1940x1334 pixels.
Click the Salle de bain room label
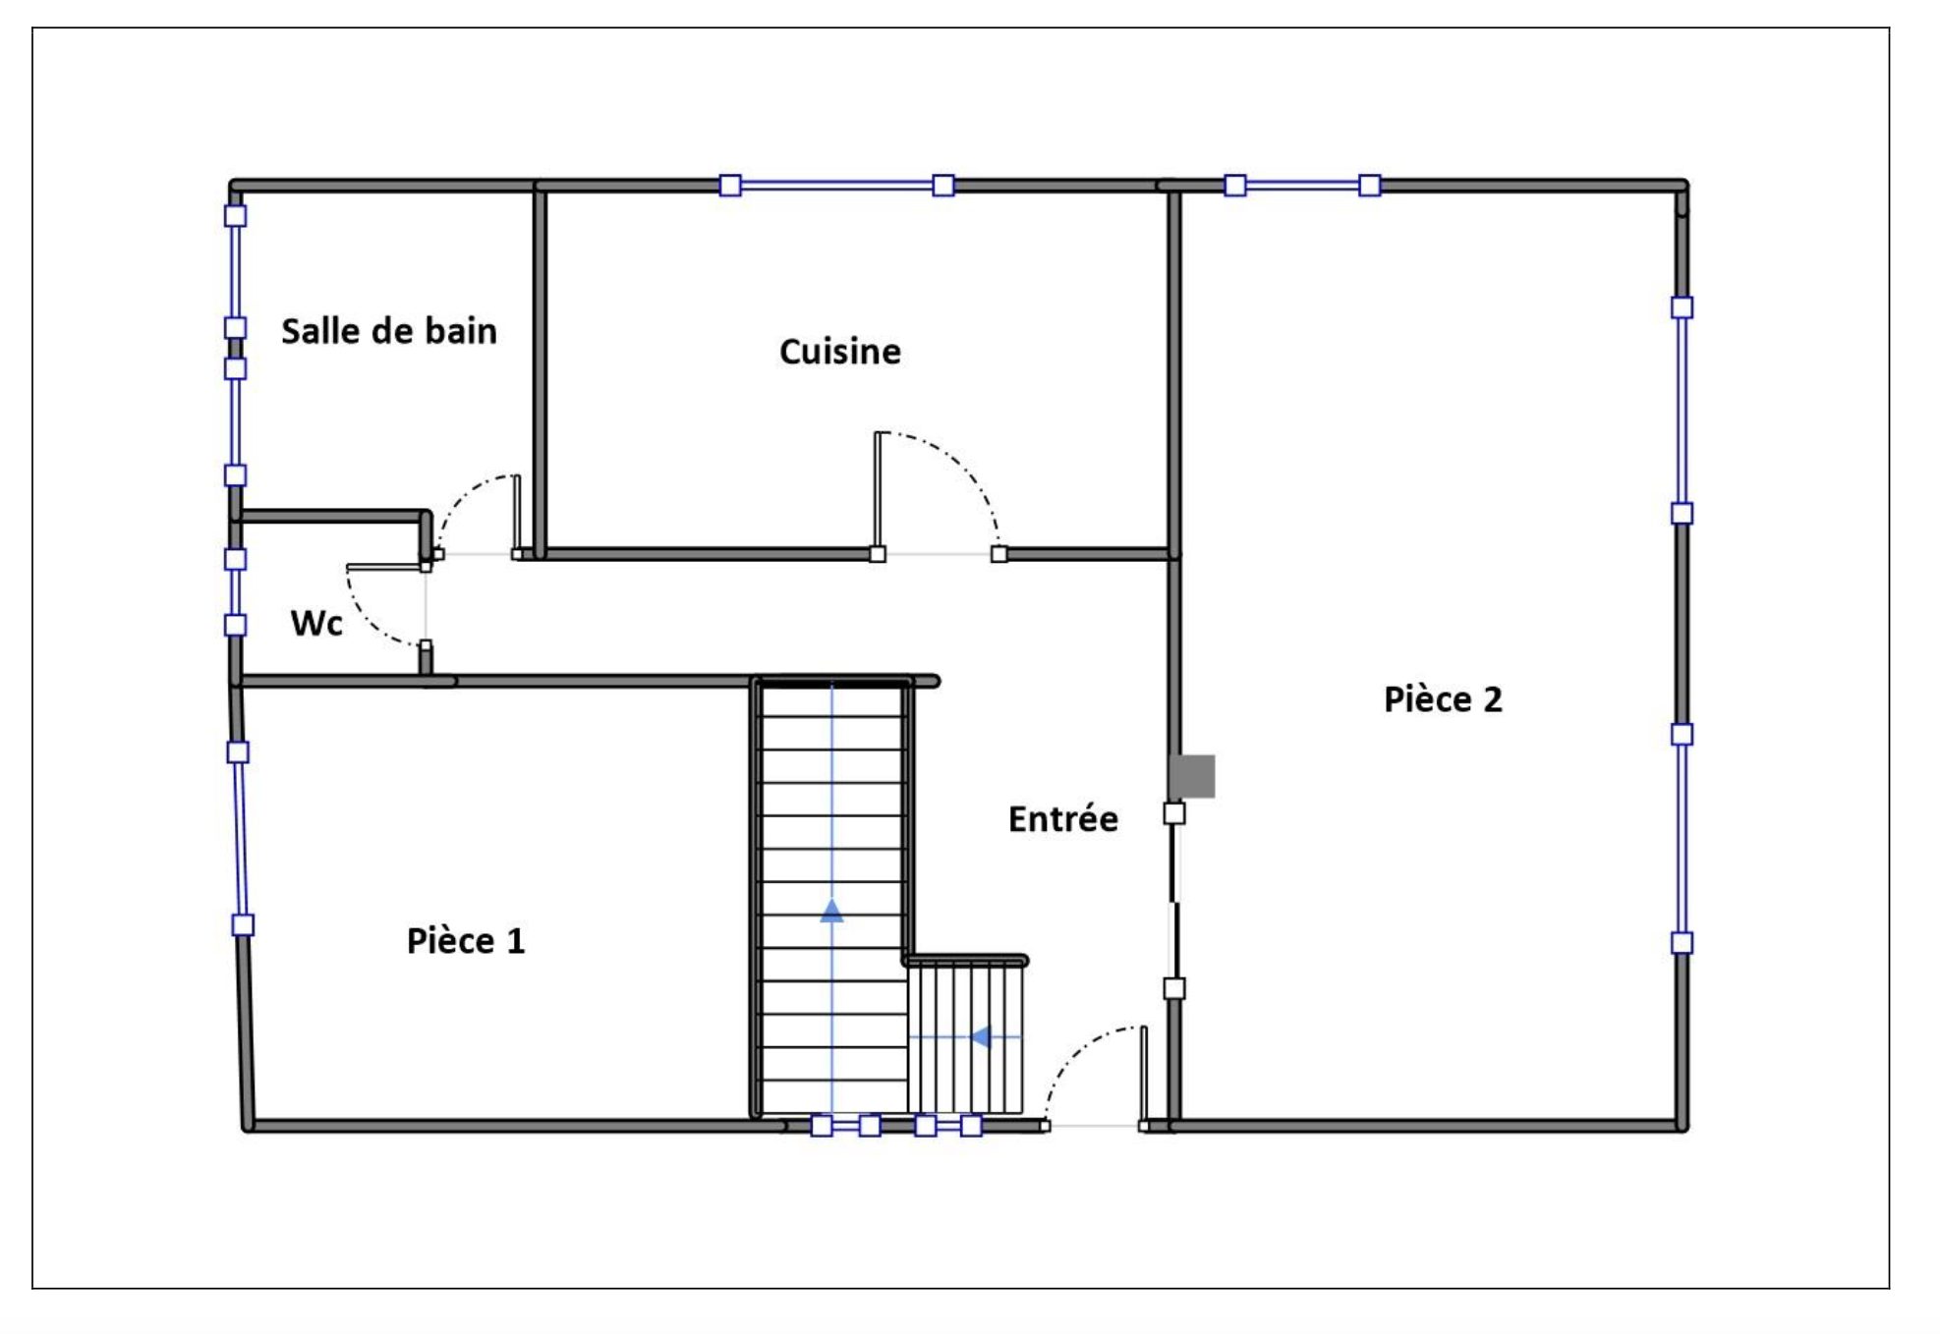[389, 331]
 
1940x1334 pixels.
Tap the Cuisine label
[840, 352]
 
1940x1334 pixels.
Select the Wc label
[316, 623]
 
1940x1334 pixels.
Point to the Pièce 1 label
[466, 941]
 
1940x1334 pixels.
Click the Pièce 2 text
[1443, 699]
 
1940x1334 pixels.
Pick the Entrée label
[1063, 819]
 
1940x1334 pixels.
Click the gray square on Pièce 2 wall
[1193, 776]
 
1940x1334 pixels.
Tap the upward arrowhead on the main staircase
[831, 911]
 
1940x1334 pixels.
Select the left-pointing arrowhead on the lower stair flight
[980, 1036]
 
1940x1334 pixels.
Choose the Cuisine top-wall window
[836, 185]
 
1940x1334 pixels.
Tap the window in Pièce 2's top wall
[1302, 185]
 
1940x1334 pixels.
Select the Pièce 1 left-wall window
[240, 838]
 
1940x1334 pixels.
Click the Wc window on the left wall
[235, 591]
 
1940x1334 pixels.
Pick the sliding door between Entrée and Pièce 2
[1174, 901]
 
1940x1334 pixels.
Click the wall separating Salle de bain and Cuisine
[540, 369]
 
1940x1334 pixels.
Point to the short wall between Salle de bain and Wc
[331, 516]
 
